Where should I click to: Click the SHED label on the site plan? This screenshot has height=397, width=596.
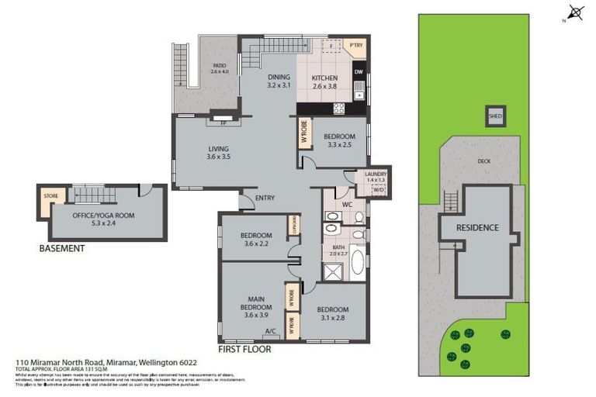pyautogui.click(x=495, y=117)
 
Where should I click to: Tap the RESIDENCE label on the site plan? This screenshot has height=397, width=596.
pyautogui.click(x=476, y=228)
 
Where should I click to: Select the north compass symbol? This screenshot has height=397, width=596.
pyautogui.click(x=575, y=12)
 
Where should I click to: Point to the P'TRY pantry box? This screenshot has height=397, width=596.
pyautogui.click(x=356, y=46)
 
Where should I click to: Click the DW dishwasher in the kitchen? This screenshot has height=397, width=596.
pyautogui.click(x=359, y=72)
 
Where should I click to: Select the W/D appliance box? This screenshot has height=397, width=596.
pyautogui.click(x=379, y=188)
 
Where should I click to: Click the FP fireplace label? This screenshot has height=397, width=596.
pyautogui.click(x=223, y=123)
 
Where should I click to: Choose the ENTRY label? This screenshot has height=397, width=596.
pyautogui.click(x=265, y=198)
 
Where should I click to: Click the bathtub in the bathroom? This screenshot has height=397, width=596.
pyautogui.click(x=358, y=262)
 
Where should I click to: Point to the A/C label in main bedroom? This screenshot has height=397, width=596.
pyautogui.click(x=270, y=331)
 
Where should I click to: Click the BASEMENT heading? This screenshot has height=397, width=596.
pyautogui.click(x=61, y=249)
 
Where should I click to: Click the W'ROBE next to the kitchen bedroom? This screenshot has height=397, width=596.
pyautogui.click(x=303, y=133)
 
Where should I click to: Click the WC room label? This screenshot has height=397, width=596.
pyautogui.click(x=348, y=205)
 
